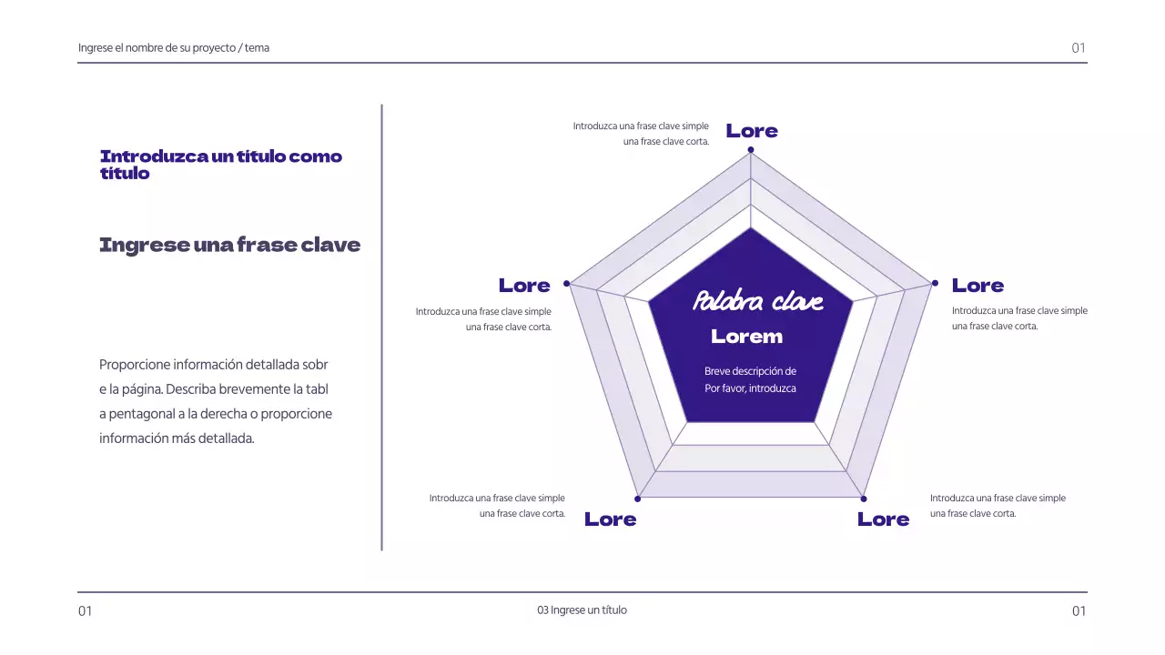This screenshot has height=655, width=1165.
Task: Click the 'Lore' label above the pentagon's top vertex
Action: [752, 131]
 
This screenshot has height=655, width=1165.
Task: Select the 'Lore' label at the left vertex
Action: [524, 286]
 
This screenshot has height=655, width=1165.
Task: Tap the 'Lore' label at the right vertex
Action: [978, 286]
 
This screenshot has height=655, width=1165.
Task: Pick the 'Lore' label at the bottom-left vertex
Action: [610, 519]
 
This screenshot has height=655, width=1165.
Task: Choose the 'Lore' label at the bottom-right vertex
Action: [883, 519]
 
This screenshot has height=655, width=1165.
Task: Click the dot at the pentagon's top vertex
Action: [751, 149]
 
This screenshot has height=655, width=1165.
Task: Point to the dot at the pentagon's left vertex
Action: [566, 284]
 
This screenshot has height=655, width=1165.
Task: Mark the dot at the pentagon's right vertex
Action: [935, 284]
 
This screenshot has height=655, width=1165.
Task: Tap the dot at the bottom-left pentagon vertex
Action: [638, 499]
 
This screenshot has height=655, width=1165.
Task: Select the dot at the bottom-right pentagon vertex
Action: [864, 499]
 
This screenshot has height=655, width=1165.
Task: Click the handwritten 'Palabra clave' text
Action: [758, 301]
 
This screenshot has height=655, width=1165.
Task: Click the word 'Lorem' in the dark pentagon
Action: [746, 337]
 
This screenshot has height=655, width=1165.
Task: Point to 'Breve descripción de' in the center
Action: [750, 371]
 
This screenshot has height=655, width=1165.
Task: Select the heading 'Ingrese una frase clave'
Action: [229, 245]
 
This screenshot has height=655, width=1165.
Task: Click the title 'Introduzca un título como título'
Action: [221, 165]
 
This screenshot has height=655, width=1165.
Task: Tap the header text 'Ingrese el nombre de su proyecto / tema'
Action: [174, 48]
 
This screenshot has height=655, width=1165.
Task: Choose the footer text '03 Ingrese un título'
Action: [582, 610]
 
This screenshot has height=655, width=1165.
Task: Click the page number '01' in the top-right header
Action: [1079, 48]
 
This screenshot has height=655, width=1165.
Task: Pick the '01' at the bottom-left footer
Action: [85, 611]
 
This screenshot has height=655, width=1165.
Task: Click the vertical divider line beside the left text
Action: [381, 327]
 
